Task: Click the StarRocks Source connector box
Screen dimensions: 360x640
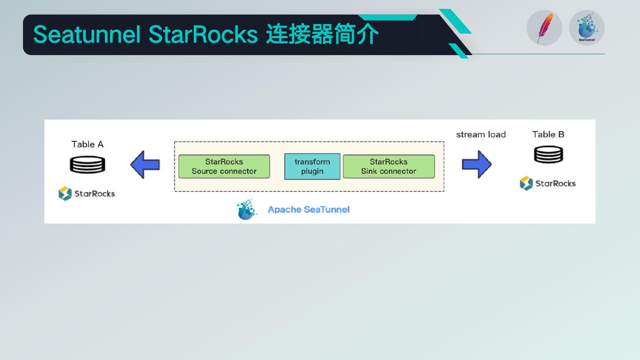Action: click(224, 166)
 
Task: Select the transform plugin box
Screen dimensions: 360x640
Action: click(312, 166)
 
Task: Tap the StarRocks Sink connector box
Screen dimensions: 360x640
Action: click(388, 166)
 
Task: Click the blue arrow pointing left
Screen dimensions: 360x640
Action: click(145, 165)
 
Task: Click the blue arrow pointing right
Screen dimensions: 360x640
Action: click(476, 164)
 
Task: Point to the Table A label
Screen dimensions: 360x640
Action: click(88, 144)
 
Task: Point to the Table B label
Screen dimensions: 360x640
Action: click(548, 135)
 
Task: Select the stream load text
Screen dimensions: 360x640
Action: click(481, 135)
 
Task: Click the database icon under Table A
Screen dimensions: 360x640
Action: click(88, 165)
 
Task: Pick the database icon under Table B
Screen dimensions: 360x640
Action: click(548, 155)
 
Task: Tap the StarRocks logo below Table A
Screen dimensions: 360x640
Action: click(87, 194)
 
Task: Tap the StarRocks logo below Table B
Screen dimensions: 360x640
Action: click(548, 184)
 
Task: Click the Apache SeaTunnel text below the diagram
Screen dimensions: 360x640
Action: click(308, 209)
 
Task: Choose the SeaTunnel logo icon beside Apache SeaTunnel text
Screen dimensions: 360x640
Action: click(247, 209)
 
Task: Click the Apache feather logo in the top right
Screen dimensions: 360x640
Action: click(544, 28)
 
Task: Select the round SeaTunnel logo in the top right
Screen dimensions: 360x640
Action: click(587, 28)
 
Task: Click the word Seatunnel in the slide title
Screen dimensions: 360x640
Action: click(87, 35)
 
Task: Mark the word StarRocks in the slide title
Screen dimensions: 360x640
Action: click(203, 35)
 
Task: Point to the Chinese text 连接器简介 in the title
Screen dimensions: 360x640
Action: click(322, 35)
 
